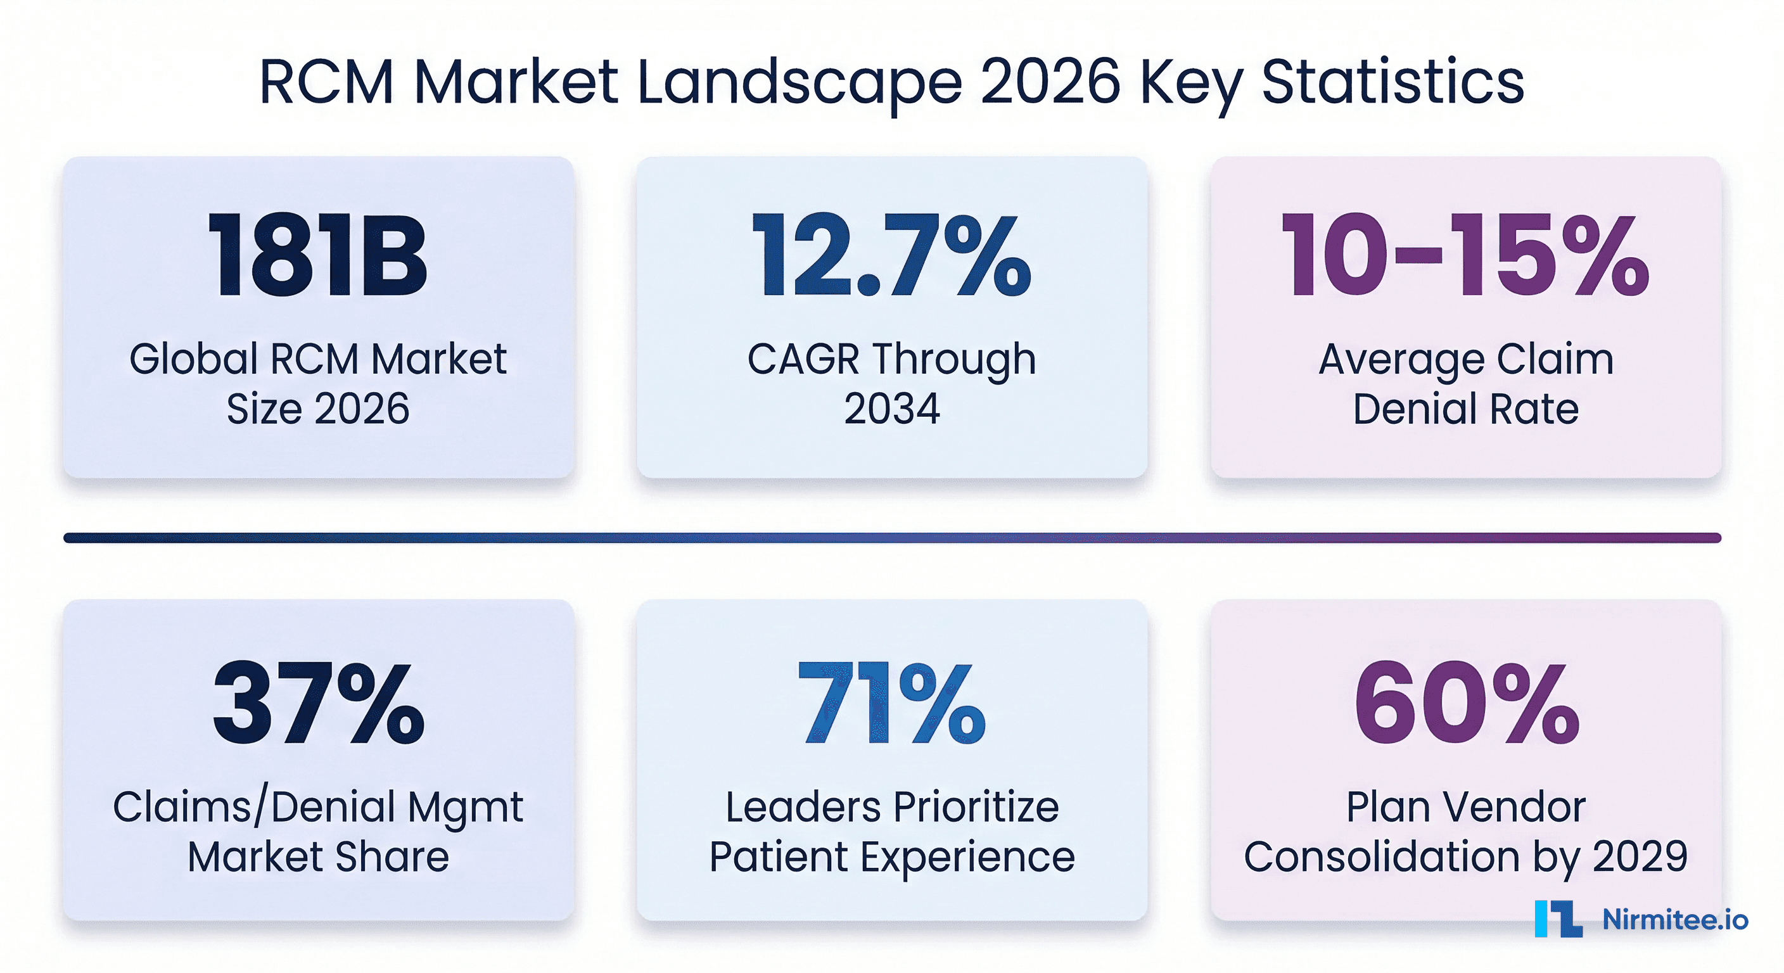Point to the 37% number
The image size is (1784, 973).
pyautogui.click(x=318, y=703)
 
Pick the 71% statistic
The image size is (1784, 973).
pyautogui.click(x=891, y=703)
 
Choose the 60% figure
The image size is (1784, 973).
pyautogui.click(x=1465, y=703)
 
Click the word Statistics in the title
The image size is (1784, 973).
pyautogui.click(x=1392, y=82)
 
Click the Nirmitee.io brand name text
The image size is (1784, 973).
pyautogui.click(x=1675, y=919)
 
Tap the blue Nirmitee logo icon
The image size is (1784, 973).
pyautogui.click(x=1558, y=919)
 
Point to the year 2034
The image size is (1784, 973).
pyautogui.click(x=891, y=408)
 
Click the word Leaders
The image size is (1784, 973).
pyautogui.click(x=804, y=807)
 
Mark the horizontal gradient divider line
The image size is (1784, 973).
pyautogui.click(x=892, y=537)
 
